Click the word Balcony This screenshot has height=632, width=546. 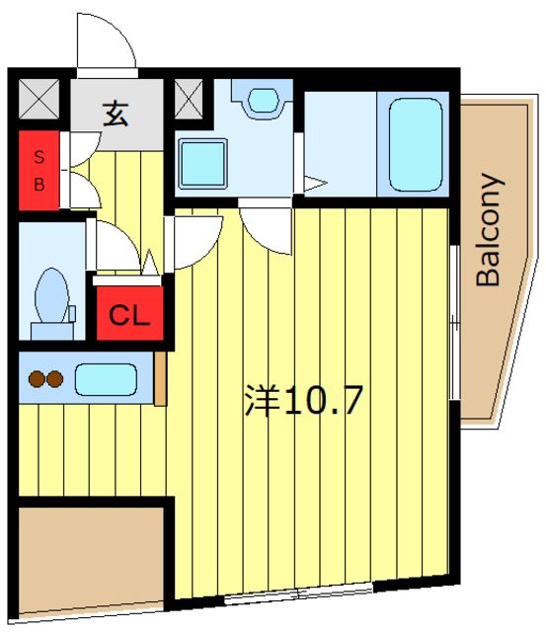click(490, 229)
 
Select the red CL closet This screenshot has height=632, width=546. click(129, 315)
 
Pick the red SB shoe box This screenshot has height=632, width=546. click(39, 169)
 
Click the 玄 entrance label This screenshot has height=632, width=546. click(116, 114)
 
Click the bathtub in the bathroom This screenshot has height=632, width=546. click(415, 144)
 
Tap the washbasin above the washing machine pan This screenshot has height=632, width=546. click(263, 99)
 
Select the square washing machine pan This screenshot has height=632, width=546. click(203, 161)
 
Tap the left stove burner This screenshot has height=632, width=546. click(37, 377)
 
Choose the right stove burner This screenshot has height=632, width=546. click(54, 377)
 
